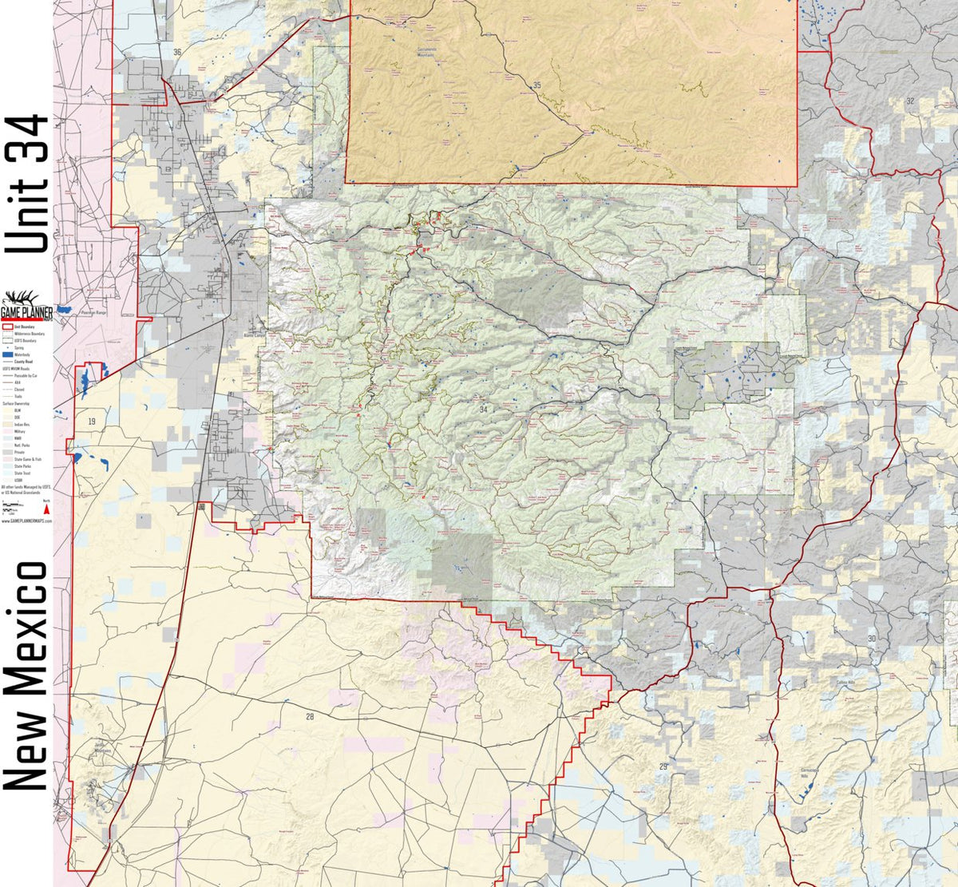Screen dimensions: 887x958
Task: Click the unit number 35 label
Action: click(x=536, y=85)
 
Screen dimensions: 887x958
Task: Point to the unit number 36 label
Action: click(x=176, y=52)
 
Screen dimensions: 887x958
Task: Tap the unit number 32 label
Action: click(x=909, y=101)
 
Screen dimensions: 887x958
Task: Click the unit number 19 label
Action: click(x=91, y=421)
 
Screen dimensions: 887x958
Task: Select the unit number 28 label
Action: click(x=310, y=717)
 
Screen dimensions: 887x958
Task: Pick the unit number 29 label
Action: click(x=663, y=766)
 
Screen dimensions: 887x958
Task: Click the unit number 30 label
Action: click(x=871, y=639)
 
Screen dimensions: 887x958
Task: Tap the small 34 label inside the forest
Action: click(x=482, y=409)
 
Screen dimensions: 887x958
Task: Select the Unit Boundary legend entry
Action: click(x=18, y=327)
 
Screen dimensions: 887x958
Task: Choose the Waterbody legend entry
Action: click(x=18, y=355)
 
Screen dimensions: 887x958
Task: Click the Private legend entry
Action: click(x=18, y=452)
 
